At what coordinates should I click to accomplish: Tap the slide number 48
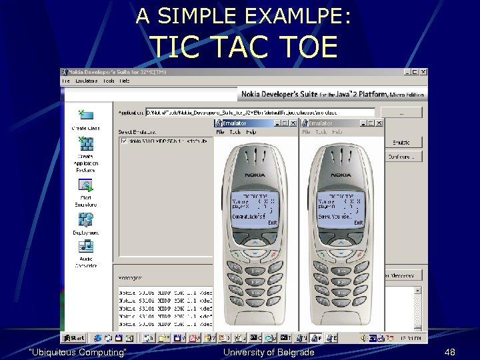(450, 352)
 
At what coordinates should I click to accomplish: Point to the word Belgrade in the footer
(291, 352)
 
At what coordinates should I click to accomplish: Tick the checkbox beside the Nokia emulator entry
(123, 141)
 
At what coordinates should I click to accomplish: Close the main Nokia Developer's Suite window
(423, 72)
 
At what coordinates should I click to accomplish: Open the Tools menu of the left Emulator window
(235, 132)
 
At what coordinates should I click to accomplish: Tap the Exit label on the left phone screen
(273, 223)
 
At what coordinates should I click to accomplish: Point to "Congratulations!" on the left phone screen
(248, 217)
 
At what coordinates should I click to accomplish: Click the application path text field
(260, 112)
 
